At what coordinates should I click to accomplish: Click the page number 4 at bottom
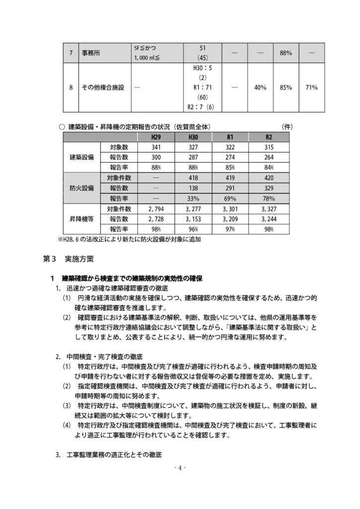[x=180, y=468]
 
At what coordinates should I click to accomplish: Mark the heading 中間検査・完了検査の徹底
[x=104, y=357]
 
